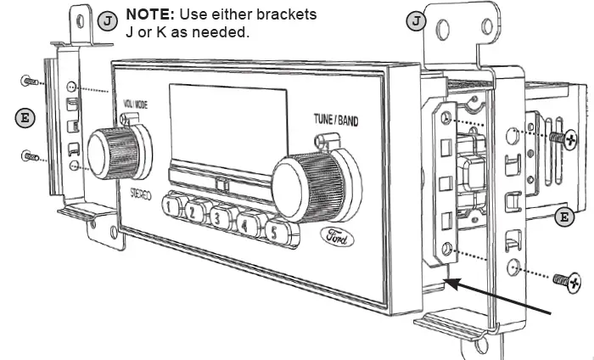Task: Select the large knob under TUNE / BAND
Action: tap(307, 180)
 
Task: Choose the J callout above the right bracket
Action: tap(416, 21)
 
